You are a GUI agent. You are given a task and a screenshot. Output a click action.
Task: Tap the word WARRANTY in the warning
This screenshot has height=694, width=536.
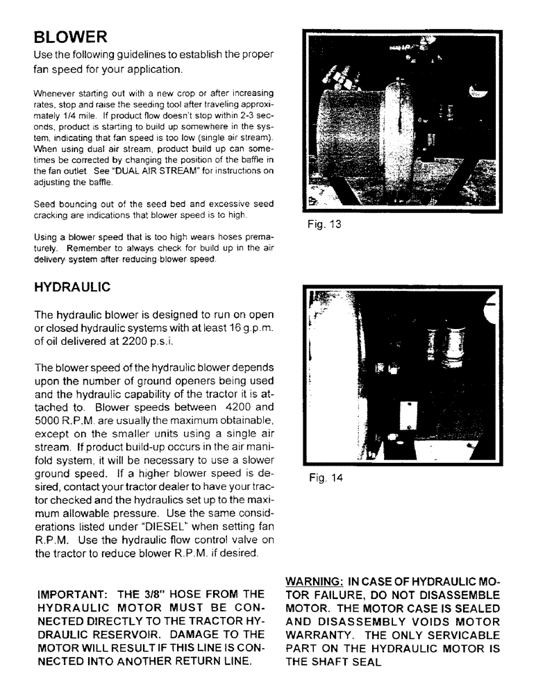323,636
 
